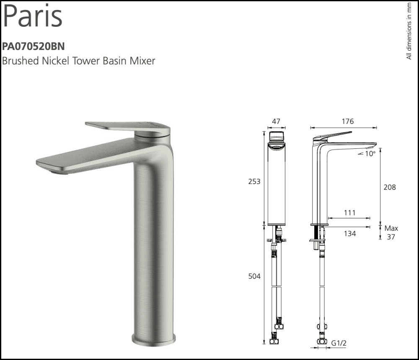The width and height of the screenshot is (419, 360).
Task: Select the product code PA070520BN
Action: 34,46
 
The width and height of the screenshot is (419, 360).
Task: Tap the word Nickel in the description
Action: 56,61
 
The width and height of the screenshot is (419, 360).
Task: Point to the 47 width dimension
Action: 276,122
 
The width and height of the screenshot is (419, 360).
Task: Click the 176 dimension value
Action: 347,122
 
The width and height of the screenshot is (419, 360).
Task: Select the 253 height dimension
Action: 254,181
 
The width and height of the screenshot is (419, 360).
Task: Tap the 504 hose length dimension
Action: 254,276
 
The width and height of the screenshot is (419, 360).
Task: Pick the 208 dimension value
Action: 390,187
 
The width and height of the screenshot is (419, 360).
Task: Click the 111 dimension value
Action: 349,213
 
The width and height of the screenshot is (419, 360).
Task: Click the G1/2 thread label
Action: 339,343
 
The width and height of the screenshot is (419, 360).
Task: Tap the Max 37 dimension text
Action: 391,233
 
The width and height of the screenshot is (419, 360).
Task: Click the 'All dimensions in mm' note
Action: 409,31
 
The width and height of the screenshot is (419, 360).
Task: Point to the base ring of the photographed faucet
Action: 153,338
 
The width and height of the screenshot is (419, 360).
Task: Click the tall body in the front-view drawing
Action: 276,184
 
